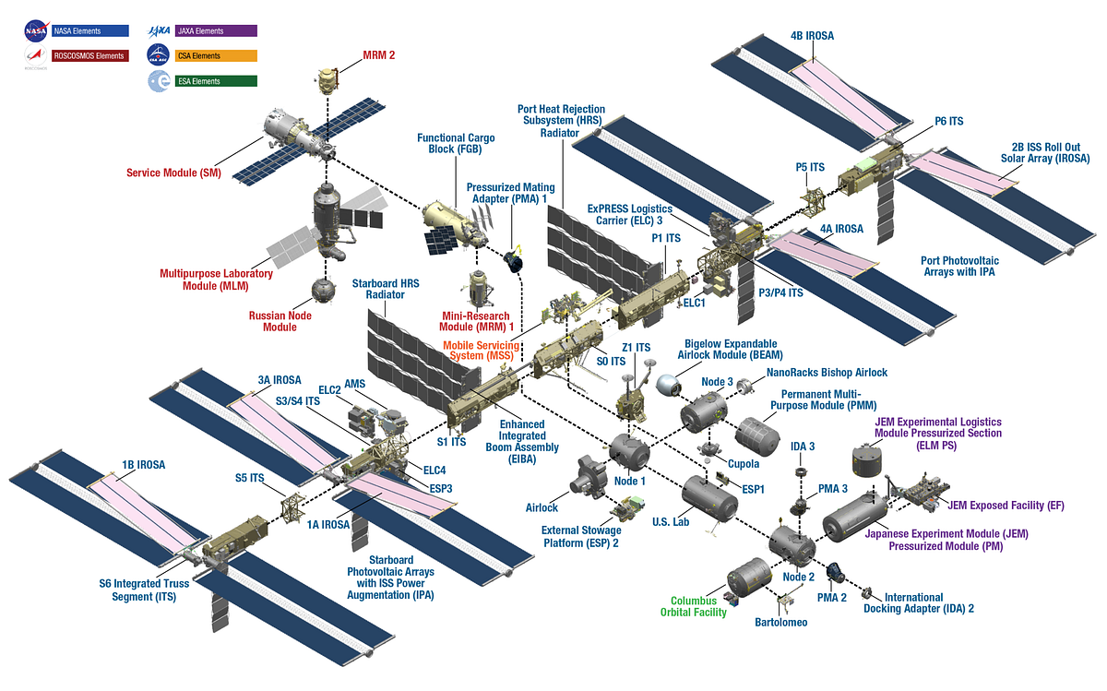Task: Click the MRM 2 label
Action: (377, 55)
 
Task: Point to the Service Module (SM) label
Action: (174, 173)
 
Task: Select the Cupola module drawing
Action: (710, 449)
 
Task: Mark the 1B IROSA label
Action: (143, 465)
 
